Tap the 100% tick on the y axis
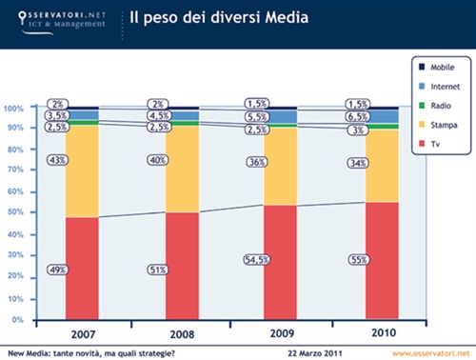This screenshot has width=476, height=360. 12,109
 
